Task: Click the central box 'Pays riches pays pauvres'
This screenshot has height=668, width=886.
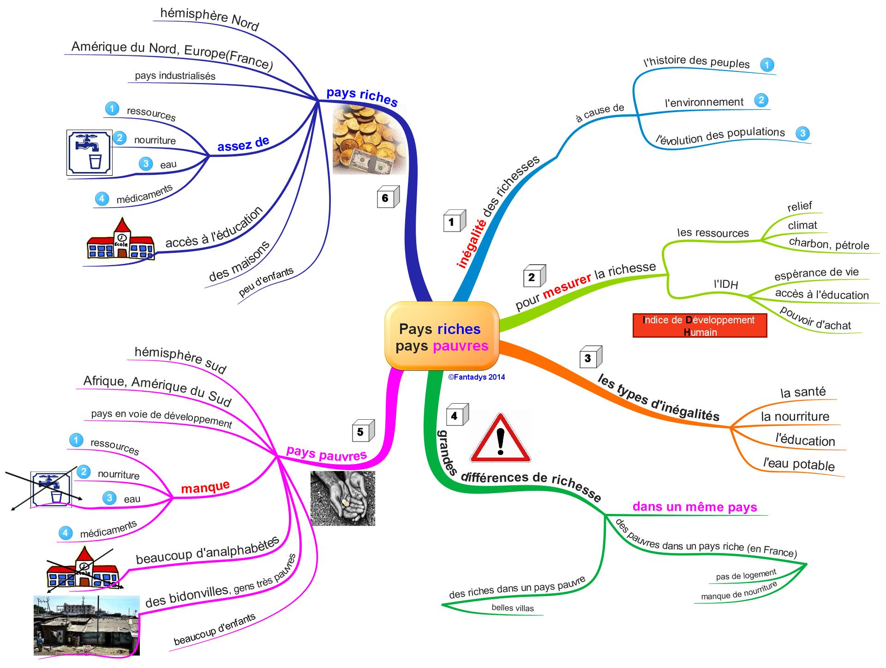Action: coord(442,337)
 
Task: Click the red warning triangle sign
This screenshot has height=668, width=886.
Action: coord(500,438)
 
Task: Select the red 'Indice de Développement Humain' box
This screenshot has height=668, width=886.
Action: coord(700,326)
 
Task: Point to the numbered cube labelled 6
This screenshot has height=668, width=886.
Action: coord(386,198)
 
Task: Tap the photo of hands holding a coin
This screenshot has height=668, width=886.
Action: coord(342,498)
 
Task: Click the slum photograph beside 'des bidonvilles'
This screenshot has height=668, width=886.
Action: coord(86,625)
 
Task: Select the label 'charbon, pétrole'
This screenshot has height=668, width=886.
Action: coord(829,244)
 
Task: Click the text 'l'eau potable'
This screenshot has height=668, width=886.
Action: coord(799,464)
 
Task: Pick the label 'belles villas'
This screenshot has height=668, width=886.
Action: coord(512,608)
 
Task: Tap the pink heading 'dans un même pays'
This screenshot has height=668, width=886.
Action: coord(694,507)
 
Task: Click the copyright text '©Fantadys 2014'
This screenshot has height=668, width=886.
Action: coord(476,377)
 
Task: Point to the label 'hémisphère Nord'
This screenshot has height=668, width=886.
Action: coord(210,18)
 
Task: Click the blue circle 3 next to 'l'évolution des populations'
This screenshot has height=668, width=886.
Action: coord(802,133)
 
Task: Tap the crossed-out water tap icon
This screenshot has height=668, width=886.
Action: coord(50,489)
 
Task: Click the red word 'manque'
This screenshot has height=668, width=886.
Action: coord(205,487)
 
